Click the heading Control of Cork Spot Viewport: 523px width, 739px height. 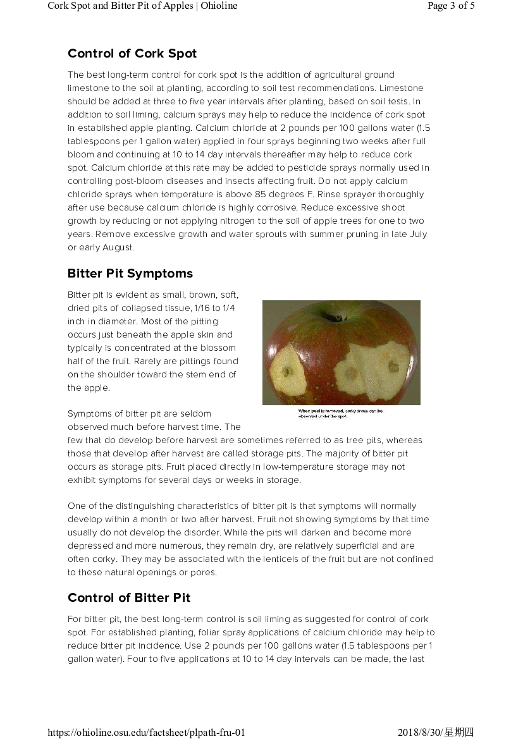(132, 54)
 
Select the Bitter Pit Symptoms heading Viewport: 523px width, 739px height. (130, 274)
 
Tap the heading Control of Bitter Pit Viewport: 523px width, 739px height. (129, 598)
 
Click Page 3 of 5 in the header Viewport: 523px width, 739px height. (451, 6)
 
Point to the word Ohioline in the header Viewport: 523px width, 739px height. (219, 6)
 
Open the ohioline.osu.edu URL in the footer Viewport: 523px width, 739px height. (146, 733)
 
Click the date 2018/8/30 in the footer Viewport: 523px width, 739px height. (420, 733)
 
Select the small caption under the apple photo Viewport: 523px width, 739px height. (340, 413)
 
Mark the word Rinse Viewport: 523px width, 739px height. (322, 195)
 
